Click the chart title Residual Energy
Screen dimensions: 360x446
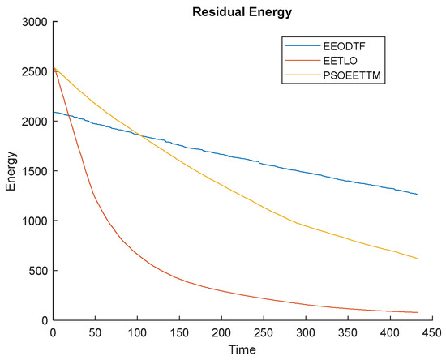coord(243,10)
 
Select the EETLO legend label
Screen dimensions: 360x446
coord(340,60)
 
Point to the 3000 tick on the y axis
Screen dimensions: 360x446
coord(35,21)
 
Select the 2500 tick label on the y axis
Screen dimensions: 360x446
coord(35,71)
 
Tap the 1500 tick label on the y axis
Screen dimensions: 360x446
coord(35,171)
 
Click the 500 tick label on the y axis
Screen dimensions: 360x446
coord(38,271)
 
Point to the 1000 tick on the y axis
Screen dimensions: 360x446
coord(35,221)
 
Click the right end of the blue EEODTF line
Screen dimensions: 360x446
coord(418,195)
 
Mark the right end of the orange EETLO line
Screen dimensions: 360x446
coord(418,312)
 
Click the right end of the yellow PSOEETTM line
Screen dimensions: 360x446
coord(418,259)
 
